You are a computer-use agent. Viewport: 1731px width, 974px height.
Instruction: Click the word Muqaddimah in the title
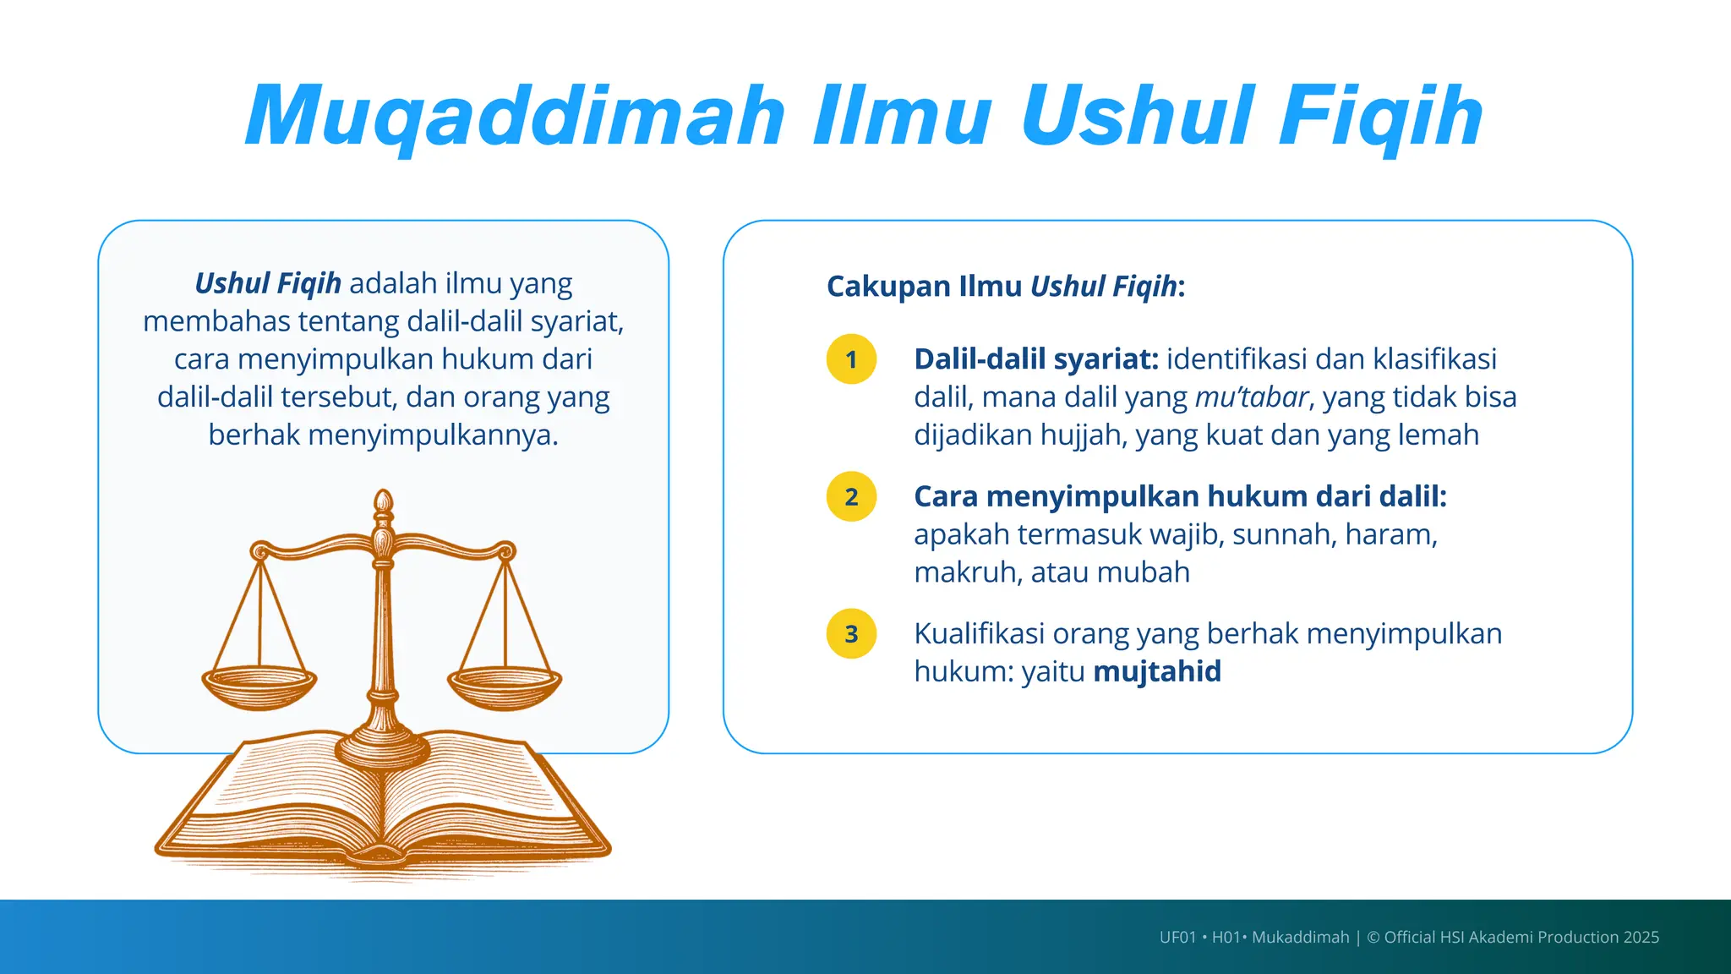click(516, 117)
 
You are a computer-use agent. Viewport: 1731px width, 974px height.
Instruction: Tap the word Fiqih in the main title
click(1379, 117)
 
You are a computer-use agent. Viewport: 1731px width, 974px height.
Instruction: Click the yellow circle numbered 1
click(851, 359)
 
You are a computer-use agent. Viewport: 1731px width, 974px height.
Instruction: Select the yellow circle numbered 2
click(851, 496)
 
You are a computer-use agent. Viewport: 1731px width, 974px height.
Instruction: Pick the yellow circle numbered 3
click(851, 634)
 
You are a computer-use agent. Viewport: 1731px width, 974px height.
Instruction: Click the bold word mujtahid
click(1157, 671)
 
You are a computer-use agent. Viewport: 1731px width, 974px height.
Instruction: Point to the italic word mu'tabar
click(1251, 397)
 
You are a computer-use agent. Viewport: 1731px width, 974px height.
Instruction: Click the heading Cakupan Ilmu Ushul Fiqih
click(1006, 287)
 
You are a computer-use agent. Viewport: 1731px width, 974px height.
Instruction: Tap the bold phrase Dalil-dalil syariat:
click(1036, 359)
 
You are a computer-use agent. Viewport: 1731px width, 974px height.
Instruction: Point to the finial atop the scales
click(383, 504)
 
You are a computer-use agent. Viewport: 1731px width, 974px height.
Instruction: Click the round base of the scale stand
click(383, 747)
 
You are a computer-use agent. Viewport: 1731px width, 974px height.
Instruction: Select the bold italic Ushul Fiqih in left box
click(268, 283)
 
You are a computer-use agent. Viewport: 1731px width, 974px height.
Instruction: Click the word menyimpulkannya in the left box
click(433, 435)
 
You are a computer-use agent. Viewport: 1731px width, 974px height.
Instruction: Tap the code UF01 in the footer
click(1177, 938)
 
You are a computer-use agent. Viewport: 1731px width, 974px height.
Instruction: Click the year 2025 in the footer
click(1641, 938)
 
